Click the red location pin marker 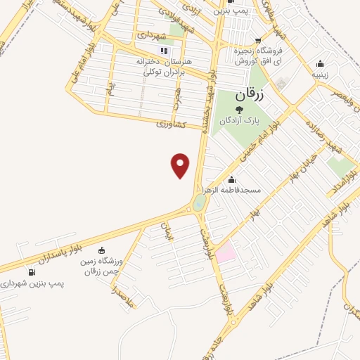[x=181, y=165]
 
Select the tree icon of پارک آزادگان [x=239, y=110]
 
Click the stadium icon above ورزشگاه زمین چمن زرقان [x=101, y=250]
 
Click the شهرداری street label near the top [x=150, y=34]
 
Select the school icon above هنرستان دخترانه [x=165, y=51]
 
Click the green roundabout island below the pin [x=199, y=203]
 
